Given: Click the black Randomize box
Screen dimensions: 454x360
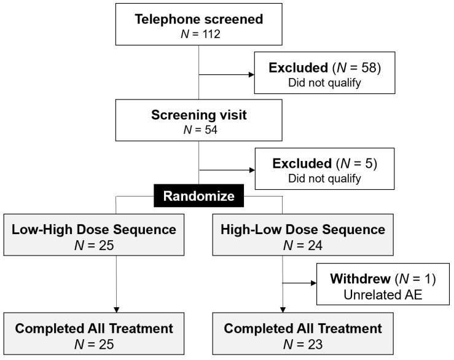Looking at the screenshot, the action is coord(198,196).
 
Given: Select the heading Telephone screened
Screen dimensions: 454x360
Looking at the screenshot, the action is coord(199,20).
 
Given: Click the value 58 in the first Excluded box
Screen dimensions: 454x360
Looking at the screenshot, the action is coord(368,68).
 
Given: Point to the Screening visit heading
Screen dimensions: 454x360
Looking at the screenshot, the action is coord(199,115).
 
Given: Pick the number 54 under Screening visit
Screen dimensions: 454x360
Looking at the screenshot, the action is coord(211,130).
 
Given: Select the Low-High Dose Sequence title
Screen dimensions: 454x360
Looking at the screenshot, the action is coord(94,230).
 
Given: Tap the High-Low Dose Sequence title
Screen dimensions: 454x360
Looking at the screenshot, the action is coord(303,230).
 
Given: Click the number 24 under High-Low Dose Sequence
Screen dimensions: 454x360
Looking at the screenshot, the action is coord(315,246).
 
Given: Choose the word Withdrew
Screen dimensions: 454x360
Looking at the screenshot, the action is coord(360,279).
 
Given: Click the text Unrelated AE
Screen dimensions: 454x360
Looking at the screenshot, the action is coord(383,295).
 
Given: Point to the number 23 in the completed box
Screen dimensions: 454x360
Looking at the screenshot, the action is coord(315,345).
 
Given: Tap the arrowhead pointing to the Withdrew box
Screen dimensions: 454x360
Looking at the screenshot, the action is coord(313,283).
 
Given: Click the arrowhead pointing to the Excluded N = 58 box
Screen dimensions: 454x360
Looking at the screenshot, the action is coord(251,75).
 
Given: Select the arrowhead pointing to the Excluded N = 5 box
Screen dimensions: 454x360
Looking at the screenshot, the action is coord(252,170).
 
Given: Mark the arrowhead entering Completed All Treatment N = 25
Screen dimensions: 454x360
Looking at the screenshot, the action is coord(116,310).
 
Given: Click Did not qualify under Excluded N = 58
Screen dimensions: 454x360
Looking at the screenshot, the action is coord(324,83).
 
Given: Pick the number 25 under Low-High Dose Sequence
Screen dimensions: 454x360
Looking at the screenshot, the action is coord(106,246).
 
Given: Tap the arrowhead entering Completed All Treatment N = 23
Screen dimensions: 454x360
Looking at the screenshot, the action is coord(283,310).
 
